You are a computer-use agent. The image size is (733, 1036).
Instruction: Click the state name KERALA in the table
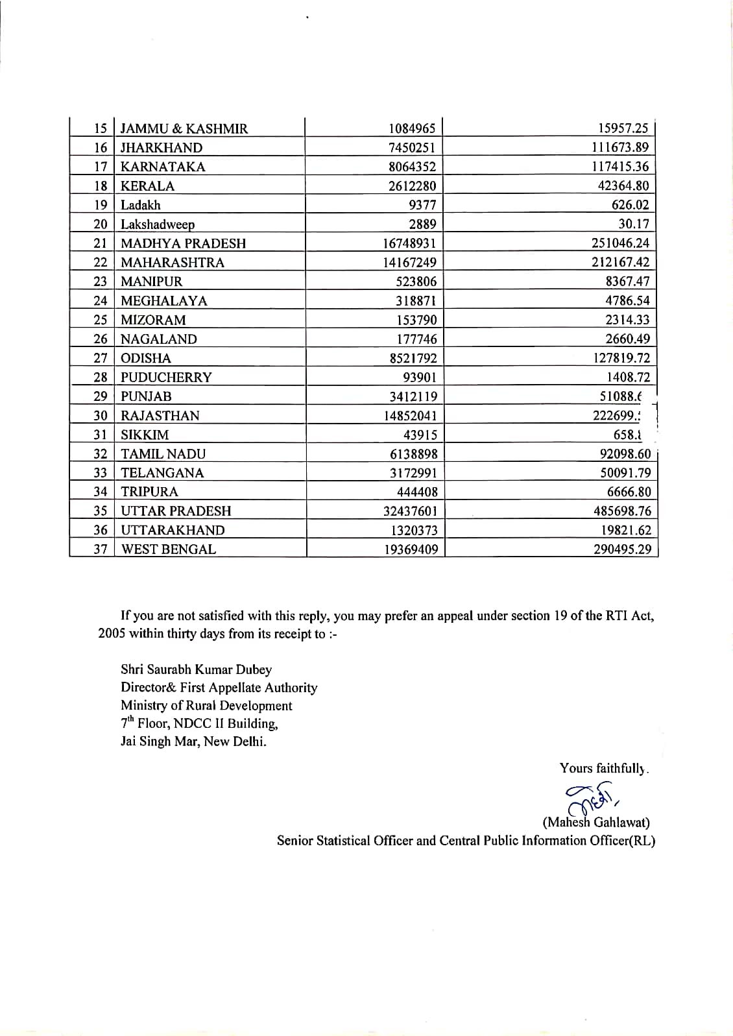point(147,186)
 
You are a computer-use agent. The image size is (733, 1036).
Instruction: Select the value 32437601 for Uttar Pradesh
point(410,511)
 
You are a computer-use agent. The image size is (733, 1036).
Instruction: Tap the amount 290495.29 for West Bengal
point(622,549)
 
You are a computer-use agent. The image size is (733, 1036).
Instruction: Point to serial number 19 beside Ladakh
point(100,205)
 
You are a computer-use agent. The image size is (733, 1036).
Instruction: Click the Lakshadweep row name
point(158,224)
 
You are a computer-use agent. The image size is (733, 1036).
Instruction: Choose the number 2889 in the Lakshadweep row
point(422,224)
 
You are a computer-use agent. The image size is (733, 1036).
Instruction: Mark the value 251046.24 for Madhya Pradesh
point(619,243)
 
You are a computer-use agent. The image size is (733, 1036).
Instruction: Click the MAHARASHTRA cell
point(173,263)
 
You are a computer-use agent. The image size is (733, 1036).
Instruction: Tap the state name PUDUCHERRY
point(166,378)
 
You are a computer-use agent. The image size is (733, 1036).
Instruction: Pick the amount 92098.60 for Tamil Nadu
point(625,454)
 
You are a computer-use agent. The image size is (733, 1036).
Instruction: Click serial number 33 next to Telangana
point(100,473)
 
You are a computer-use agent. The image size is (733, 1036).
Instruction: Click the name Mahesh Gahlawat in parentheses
point(595,823)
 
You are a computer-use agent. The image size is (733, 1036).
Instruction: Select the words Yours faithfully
point(603,769)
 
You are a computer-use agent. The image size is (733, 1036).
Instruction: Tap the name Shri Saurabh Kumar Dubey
point(196,669)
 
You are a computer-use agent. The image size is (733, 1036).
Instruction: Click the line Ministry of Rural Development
point(206,706)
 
